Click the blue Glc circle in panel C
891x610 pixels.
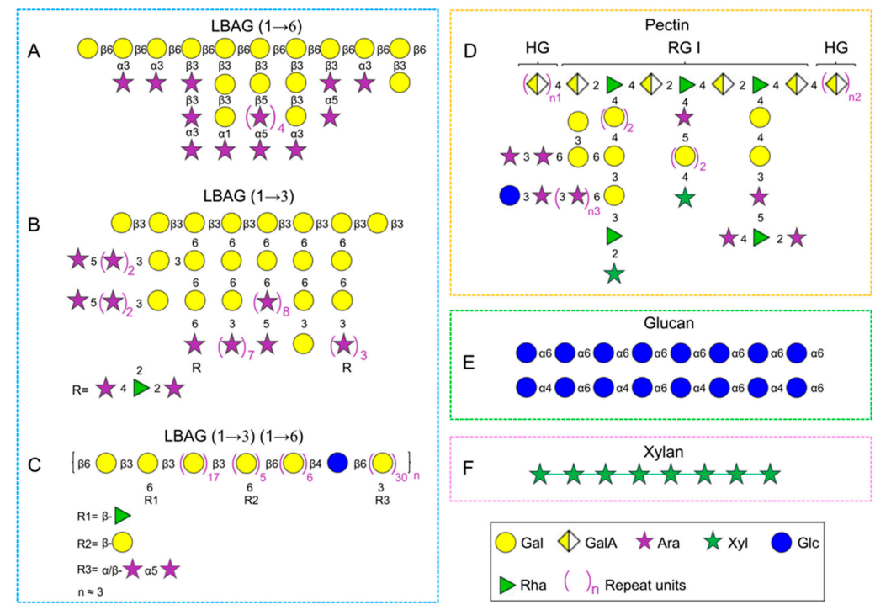click(x=336, y=463)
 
